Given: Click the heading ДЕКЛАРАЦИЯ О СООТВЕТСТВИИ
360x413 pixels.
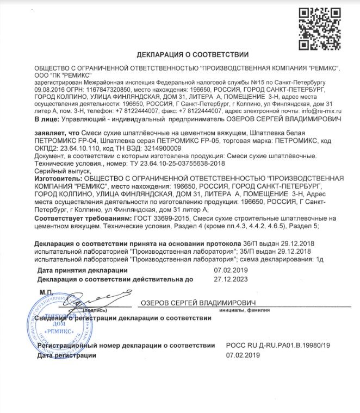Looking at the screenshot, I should coord(193,54).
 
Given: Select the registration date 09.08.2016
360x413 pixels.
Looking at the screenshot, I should coord(48,86).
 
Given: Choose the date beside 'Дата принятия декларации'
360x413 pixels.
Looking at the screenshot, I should coord(230,270).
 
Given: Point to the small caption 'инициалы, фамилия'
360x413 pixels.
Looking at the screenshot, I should coord(244,311).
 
